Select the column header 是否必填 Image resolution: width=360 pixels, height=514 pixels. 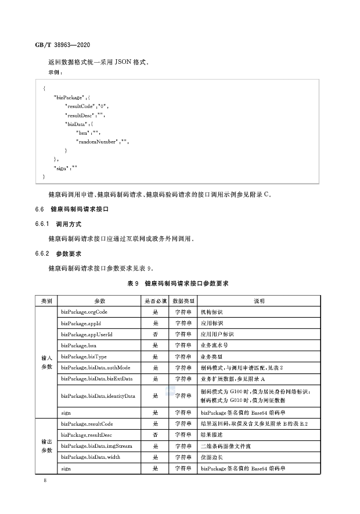[156, 301]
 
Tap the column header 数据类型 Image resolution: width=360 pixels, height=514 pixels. [183, 301]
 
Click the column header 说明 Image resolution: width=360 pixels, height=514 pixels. [259, 301]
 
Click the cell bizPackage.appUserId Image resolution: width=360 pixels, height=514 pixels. [87, 335]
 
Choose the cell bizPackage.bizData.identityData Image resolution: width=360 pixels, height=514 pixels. [98, 396]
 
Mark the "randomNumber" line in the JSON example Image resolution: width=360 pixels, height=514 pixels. [102, 141]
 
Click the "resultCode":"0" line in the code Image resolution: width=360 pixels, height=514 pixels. [87, 107]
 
